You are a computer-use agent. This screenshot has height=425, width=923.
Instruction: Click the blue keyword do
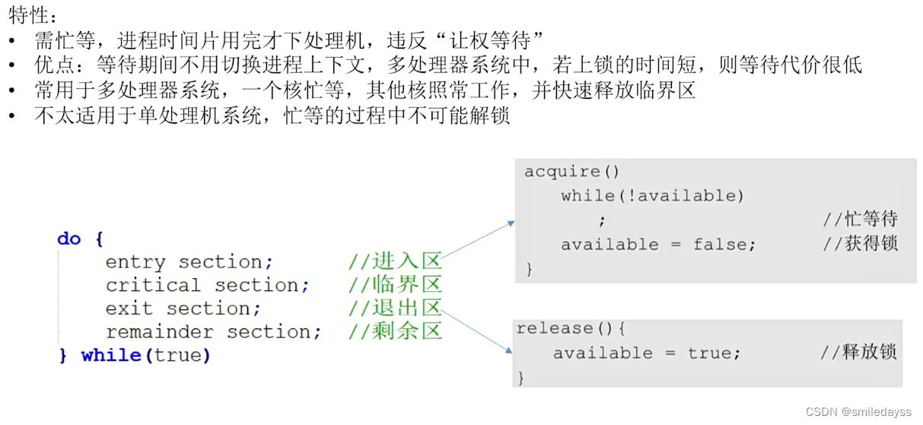[68, 239]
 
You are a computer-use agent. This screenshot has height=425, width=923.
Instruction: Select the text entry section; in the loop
[189, 262]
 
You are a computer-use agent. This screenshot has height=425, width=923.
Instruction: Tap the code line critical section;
[207, 286]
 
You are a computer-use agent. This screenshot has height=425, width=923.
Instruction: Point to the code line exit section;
[183, 309]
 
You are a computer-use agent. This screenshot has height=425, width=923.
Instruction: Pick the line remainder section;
[213, 332]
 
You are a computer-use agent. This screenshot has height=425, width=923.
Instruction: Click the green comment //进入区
[395, 262]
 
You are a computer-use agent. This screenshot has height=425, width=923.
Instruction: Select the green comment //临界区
[395, 286]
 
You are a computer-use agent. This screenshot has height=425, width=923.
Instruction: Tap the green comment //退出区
[395, 309]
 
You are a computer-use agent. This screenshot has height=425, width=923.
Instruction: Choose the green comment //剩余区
[395, 332]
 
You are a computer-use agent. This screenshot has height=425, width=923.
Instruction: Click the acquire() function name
[571, 172]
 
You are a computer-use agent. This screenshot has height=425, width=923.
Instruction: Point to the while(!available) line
[652, 196]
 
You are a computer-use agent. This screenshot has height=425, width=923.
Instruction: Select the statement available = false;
[658, 245]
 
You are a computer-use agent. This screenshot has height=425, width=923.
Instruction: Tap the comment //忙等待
[860, 220]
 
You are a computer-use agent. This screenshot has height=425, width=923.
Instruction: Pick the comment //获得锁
[860, 245]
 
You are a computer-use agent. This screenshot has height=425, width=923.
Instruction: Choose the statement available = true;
[646, 353]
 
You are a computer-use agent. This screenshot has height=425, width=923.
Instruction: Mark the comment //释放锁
[858, 352]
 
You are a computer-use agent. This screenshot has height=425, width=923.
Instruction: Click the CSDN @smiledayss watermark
[858, 412]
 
